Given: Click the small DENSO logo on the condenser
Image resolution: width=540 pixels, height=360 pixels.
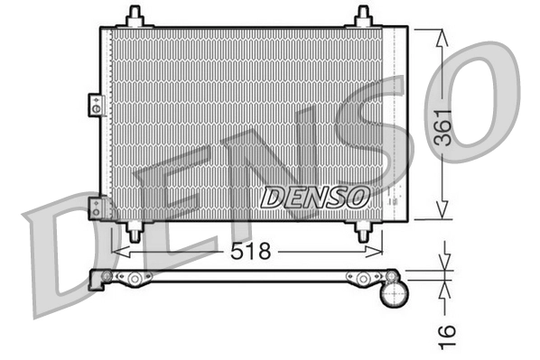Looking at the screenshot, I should point(315,195).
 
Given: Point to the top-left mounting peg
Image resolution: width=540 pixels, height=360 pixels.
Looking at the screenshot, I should point(135,16).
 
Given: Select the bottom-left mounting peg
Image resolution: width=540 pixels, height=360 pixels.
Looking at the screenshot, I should point(135,231).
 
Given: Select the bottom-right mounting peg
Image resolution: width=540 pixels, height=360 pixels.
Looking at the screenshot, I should point(363,231).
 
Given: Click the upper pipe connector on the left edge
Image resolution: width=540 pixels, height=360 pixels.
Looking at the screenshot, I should point(94,105).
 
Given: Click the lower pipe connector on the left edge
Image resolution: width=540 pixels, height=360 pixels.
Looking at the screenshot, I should point(94,208).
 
